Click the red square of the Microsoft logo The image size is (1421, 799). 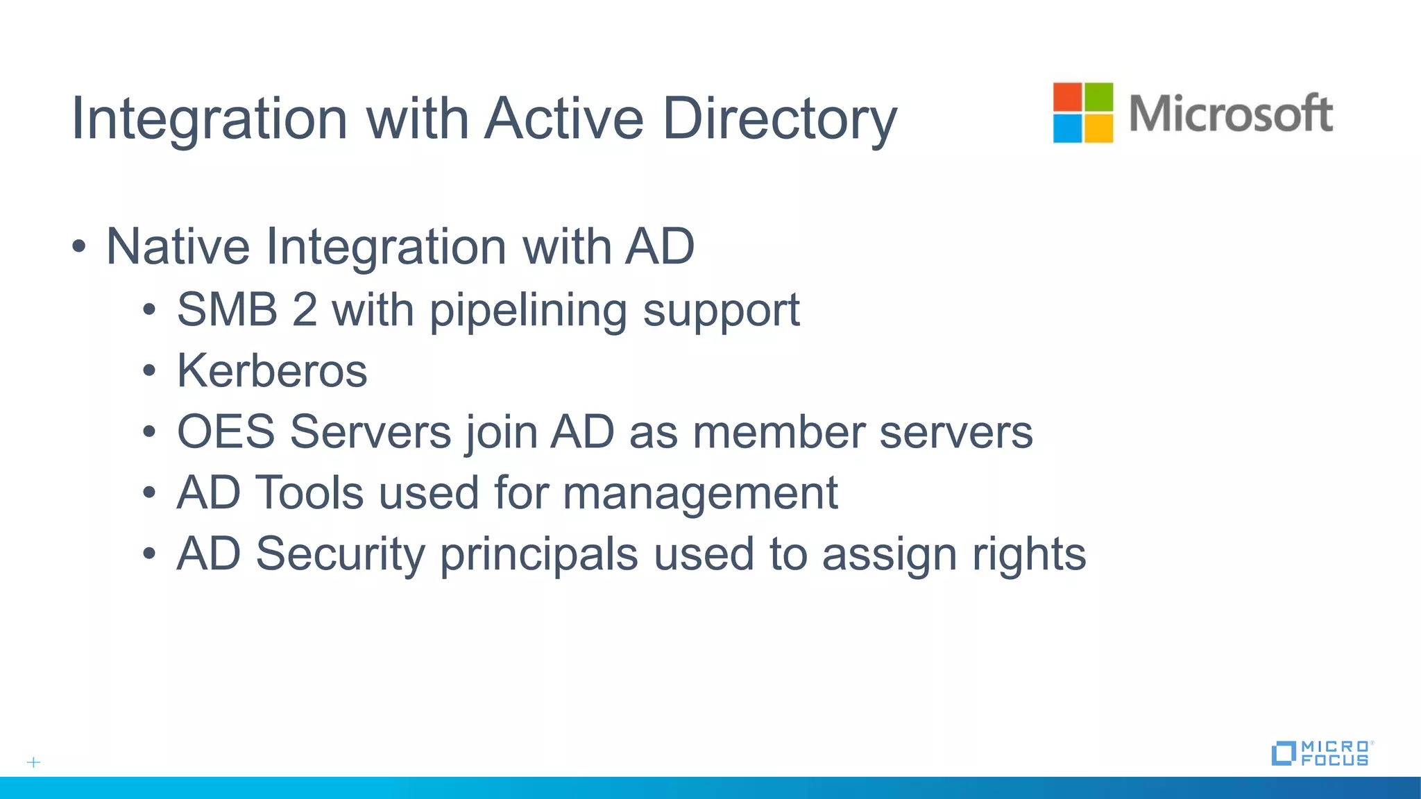1067,97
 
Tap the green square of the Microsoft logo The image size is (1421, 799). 1098,97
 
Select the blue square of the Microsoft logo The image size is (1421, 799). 1067,128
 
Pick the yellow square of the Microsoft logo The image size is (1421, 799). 1098,128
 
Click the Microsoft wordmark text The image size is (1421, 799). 1230,113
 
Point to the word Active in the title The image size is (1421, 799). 564,118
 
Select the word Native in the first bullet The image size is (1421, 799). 178,246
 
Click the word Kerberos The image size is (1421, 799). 272,370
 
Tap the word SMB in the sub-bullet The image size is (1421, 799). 227,309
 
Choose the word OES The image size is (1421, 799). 226,431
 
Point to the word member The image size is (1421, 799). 778,431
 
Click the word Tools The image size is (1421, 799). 310,492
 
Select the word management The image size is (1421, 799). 700,494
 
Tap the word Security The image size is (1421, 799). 340,554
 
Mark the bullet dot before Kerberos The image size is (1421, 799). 149,371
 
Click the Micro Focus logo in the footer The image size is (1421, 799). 1322,753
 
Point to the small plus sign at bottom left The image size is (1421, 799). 33,762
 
